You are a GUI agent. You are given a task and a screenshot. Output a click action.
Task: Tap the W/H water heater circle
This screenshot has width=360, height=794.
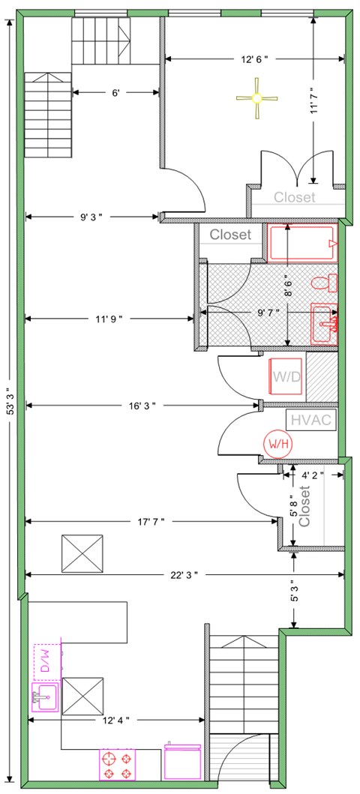click(274, 444)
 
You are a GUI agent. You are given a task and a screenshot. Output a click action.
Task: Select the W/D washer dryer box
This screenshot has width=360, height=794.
click(286, 376)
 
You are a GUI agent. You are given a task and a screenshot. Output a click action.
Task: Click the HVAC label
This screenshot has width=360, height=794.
click(310, 420)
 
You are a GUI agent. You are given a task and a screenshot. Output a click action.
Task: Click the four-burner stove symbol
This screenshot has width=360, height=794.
click(117, 764)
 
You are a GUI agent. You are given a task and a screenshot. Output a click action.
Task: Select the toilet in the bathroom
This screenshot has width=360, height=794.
click(328, 283)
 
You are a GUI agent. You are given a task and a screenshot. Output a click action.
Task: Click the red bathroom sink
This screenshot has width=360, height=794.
click(325, 323)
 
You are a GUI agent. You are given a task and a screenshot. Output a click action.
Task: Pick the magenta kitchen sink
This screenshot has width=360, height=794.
click(45, 697)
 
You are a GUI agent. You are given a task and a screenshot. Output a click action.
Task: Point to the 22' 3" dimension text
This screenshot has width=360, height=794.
click(184, 574)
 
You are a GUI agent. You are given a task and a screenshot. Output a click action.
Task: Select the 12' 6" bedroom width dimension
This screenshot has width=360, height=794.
click(254, 58)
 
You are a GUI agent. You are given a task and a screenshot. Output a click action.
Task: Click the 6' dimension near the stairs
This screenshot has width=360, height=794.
click(115, 93)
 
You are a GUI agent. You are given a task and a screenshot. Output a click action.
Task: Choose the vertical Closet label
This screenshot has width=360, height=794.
click(304, 507)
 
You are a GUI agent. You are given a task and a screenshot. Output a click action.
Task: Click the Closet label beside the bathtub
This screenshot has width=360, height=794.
click(230, 235)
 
